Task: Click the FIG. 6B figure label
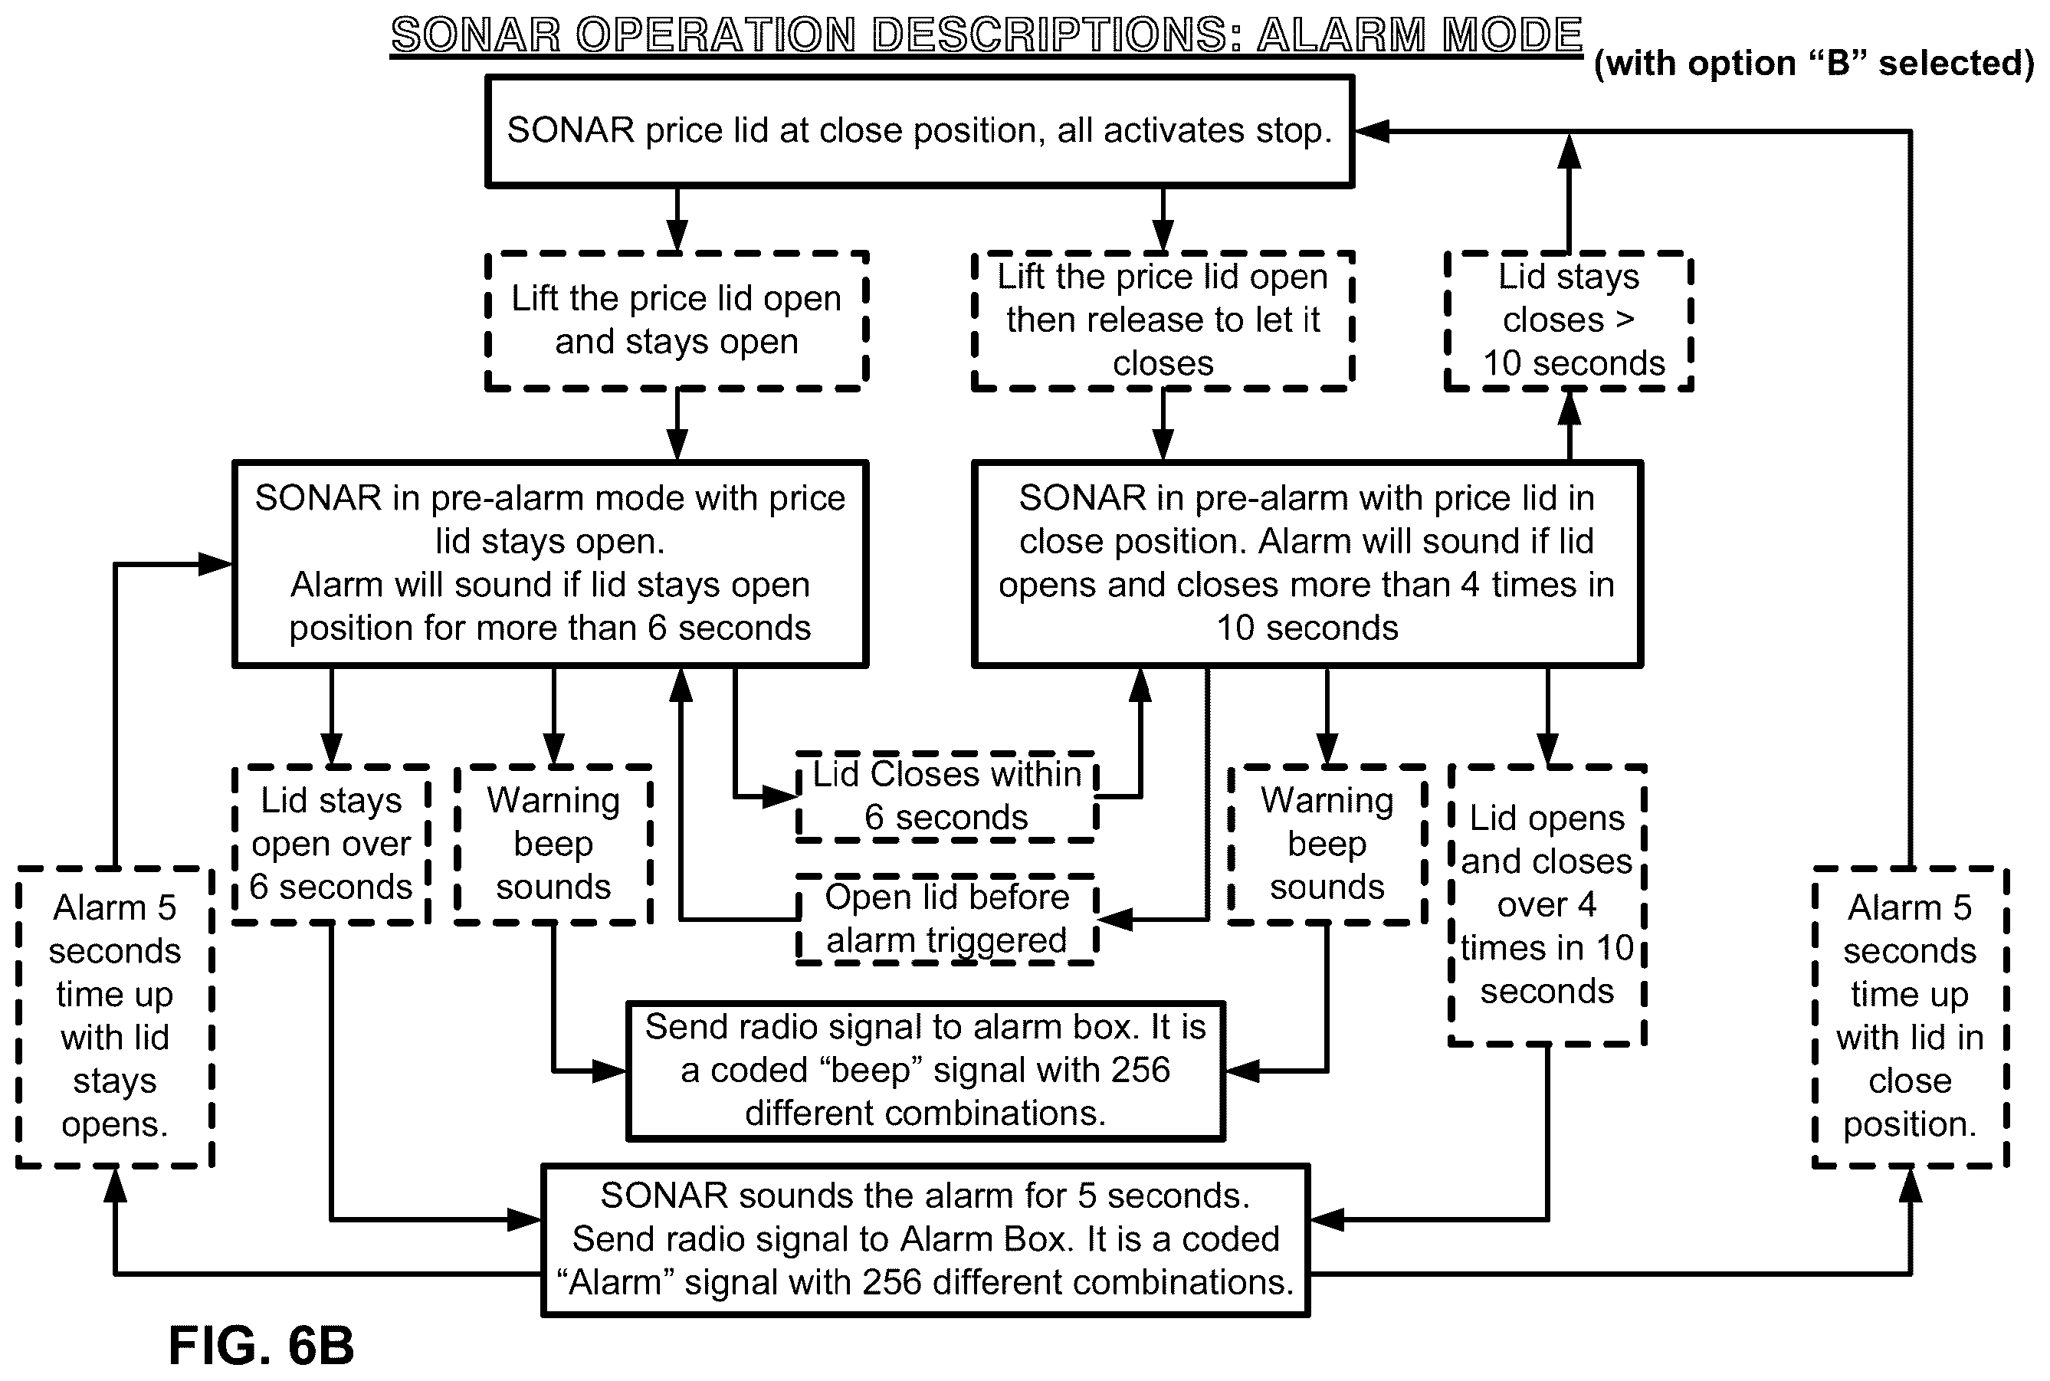pos(261,1345)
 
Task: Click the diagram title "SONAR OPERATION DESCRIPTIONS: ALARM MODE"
pos(986,35)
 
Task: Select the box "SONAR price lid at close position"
pos(920,131)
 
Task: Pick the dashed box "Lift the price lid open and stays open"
pos(676,320)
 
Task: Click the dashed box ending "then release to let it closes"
pos(1163,320)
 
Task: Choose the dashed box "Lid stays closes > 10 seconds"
pos(1569,320)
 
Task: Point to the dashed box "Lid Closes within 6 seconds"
pos(946,796)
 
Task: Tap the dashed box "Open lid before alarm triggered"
pos(946,919)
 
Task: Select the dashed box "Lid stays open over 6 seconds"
pos(331,844)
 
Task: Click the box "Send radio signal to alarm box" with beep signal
pos(926,1070)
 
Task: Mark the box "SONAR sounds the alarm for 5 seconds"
pos(926,1239)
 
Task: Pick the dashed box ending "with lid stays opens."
pos(114,1016)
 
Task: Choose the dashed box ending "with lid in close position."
pos(1910,1016)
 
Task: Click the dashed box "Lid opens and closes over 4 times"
pos(1547,904)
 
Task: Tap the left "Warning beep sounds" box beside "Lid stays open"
pos(553,844)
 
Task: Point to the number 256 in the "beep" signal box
pos(1140,1070)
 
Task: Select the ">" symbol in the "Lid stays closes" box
pos(1625,320)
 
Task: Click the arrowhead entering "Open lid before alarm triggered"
pos(1115,919)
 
